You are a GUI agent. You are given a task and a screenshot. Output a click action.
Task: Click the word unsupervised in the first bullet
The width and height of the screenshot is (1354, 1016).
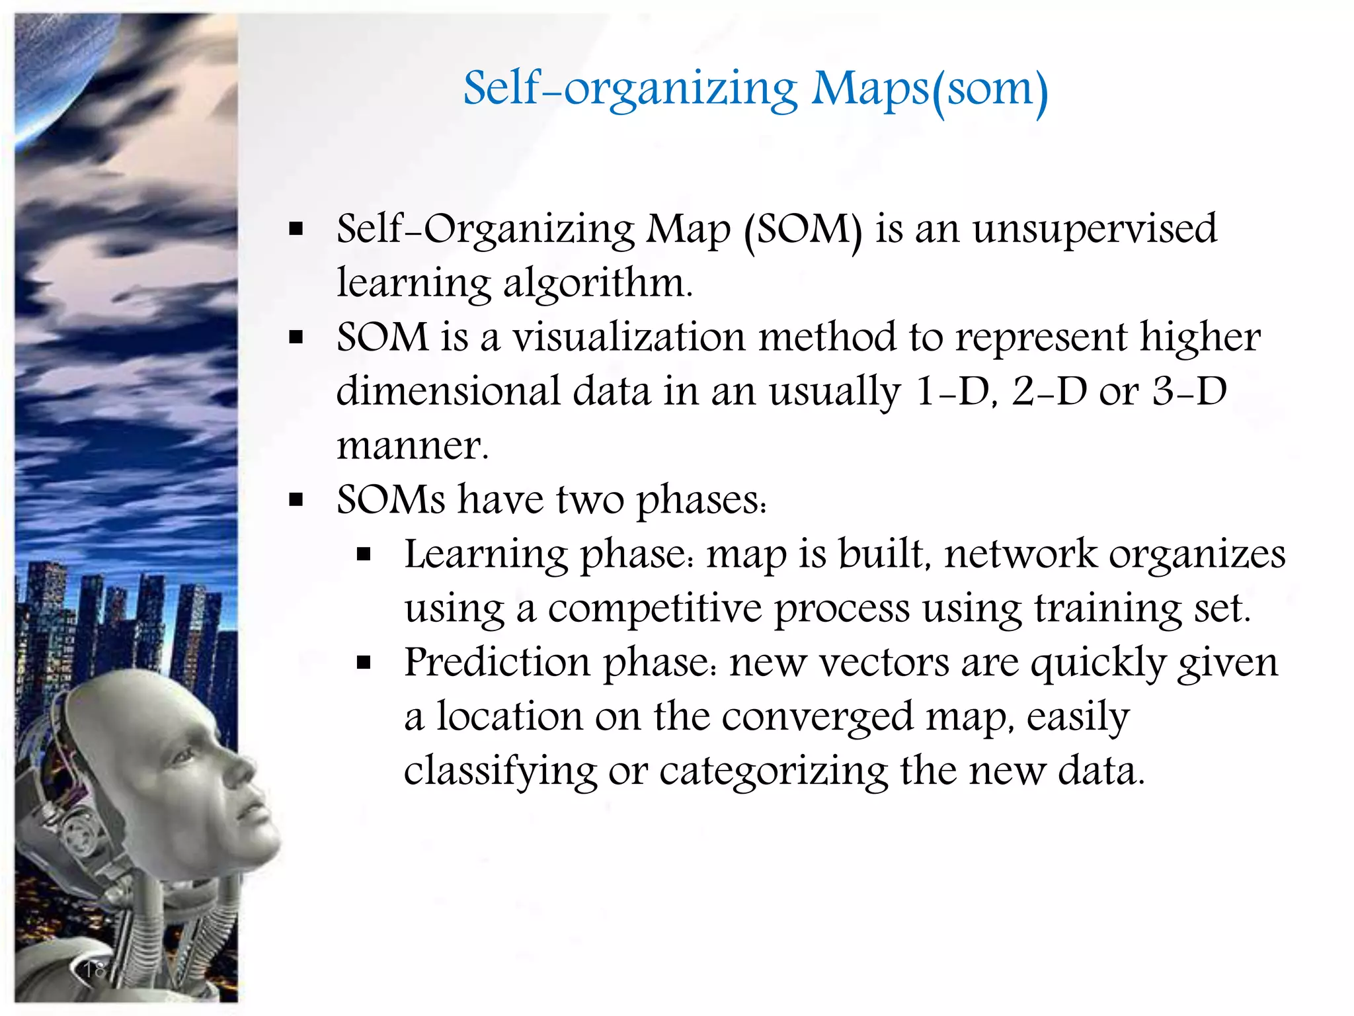[1094, 229]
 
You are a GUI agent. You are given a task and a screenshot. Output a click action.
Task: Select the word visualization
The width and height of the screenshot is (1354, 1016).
[629, 337]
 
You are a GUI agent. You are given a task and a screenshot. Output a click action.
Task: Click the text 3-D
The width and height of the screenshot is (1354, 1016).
[1189, 391]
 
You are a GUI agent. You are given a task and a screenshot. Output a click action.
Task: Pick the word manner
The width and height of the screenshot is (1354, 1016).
[412, 445]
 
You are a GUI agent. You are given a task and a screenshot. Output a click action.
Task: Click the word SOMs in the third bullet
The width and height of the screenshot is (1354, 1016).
[391, 499]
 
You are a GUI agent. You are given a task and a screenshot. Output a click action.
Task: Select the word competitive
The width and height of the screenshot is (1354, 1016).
[655, 609]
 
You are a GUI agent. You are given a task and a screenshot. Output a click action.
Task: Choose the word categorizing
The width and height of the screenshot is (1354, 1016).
[774, 771]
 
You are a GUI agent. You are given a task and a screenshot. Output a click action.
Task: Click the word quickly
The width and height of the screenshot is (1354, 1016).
[1098, 662]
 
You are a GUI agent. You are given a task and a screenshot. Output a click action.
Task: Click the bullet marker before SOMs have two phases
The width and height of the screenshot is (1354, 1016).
[296, 500]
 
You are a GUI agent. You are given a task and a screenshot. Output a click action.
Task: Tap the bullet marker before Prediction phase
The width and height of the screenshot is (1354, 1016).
[363, 662]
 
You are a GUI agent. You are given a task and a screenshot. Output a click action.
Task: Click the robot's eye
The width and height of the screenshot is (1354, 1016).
[186, 753]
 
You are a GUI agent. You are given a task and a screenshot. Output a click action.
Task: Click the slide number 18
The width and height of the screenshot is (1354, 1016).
[95, 970]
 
